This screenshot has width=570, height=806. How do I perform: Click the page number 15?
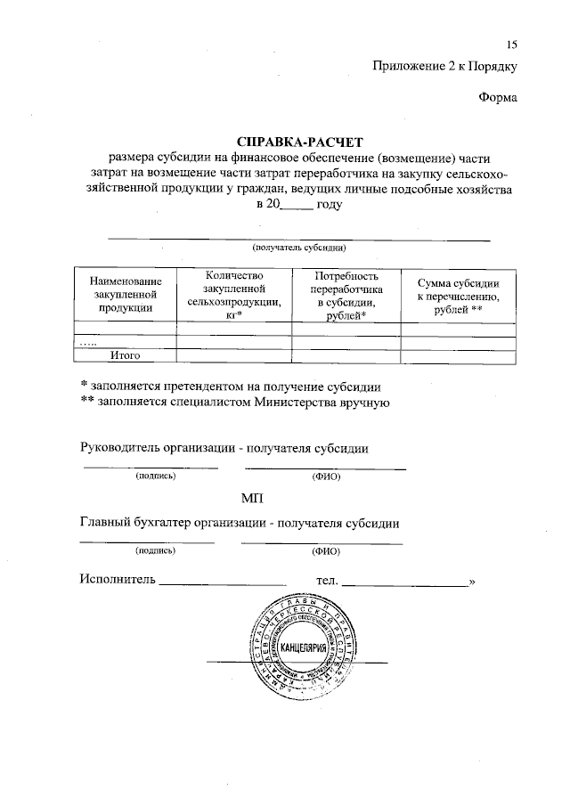coord(511,45)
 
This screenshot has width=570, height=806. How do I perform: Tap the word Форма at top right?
coord(498,97)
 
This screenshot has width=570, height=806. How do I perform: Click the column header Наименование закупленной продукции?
coord(124,293)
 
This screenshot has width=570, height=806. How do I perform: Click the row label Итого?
coord(126,355)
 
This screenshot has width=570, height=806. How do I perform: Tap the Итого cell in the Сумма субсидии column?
coord(458,355)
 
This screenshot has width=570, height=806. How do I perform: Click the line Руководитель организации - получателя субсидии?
coord(224,447)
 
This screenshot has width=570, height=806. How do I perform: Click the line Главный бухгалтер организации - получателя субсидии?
coord(239,523)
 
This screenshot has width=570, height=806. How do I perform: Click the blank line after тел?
coord(405,583)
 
